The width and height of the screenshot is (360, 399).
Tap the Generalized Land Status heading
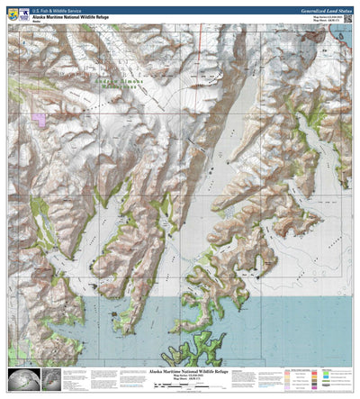click(315, 8)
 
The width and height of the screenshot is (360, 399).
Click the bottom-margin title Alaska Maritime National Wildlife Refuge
click(179, 370)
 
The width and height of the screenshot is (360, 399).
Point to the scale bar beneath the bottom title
click(179, 385)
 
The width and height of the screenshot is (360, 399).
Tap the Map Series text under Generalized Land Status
click(325, 15)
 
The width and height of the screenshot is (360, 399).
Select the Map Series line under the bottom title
click(179, 376)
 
